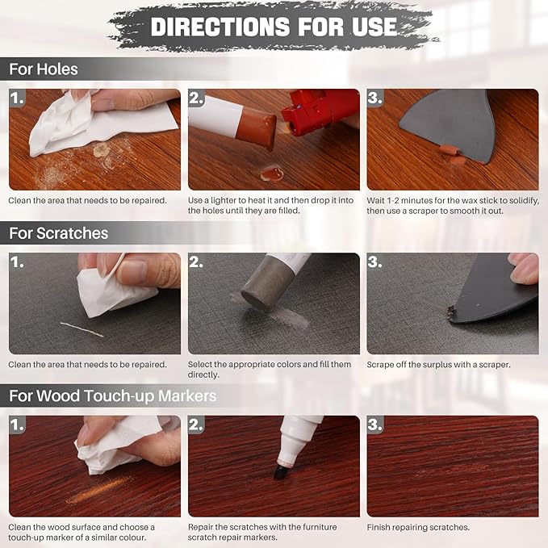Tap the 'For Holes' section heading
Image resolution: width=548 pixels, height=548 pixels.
click(x=44, y=69)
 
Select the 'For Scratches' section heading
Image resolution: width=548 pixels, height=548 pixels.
click(x=58, y=233)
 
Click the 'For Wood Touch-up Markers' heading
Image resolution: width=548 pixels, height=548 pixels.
click(x=112, y=396)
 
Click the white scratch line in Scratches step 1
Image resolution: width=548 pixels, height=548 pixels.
click(x=82, y=328)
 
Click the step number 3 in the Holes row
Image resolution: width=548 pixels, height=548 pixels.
click(x=375, y=98)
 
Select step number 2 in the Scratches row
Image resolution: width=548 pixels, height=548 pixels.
click(x=197, y=262)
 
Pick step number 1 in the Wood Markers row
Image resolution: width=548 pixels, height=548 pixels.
click(x=18, y=425)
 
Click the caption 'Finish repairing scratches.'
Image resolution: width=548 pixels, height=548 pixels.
click(x=418, y=528)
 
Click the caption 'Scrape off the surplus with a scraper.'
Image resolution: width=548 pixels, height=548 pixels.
click(x=439, y=365)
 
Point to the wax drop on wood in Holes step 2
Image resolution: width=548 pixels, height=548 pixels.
click(x=271, y=172)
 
